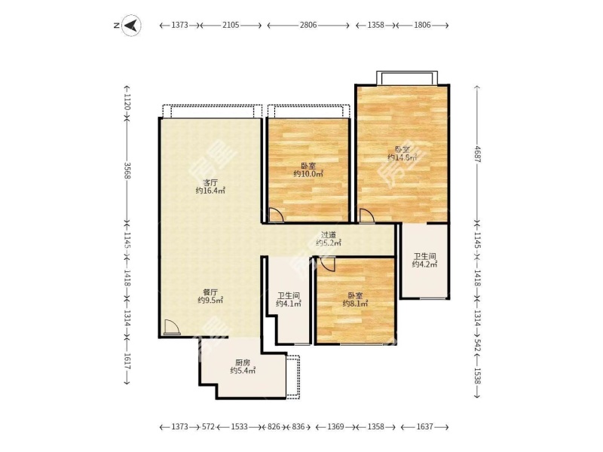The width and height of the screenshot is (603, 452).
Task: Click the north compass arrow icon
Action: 131,26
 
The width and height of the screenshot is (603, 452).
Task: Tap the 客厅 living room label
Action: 210,182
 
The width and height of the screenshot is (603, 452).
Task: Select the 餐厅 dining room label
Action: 210,292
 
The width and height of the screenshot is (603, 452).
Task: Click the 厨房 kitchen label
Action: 243,362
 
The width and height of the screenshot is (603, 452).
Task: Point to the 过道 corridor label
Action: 329,234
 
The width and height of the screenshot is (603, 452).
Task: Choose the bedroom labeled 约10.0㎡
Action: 308,170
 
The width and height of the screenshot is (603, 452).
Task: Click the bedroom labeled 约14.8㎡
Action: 403,154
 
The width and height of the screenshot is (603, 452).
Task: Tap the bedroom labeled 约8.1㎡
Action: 355,300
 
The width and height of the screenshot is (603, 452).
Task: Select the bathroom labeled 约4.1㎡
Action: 289,300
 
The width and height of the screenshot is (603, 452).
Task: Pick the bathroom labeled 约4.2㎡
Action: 424,260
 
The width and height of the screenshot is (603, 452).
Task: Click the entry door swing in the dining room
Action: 171,328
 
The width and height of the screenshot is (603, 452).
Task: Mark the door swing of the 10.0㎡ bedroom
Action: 276,215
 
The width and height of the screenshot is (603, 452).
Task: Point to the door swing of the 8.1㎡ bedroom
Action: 328,263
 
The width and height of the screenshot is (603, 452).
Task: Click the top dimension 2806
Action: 308,25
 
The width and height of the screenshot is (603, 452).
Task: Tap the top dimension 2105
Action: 231,25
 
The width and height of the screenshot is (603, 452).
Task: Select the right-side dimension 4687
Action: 477,154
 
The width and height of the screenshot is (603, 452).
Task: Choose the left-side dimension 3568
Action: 127,171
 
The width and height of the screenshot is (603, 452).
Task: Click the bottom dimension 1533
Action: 239,426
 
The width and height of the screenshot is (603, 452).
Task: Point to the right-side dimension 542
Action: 477,347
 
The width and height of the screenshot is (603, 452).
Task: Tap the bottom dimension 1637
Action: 424,426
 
